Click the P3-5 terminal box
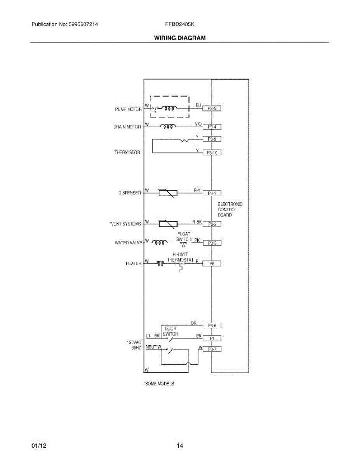[212, 109]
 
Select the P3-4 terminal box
[212, 127]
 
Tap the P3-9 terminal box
[212, 139]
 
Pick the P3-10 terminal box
[212, 153]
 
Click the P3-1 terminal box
[212, 193]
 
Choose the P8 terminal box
[212, 264]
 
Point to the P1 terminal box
[212, 338]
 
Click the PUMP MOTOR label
[128, 110]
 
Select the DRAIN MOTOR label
[127, 127]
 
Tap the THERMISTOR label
[127, 153]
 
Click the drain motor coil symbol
[169, 126]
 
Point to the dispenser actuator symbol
[168, 193]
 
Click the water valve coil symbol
[160, 243]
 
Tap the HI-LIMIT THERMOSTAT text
[180, 257]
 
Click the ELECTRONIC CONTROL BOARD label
[230, 209]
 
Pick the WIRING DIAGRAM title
[180, 38]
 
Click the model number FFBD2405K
[180, 24]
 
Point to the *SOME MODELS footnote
[159, 384]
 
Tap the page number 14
[180, 446]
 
